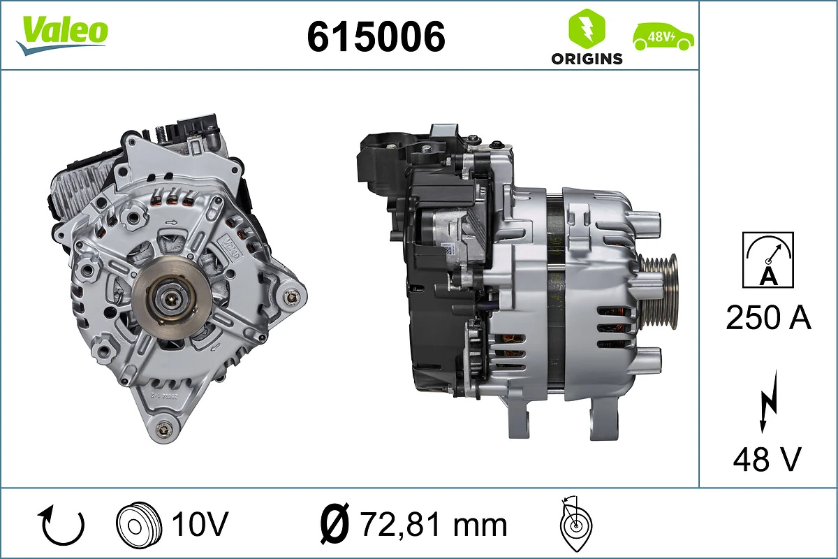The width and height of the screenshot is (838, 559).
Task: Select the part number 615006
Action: [376, 36]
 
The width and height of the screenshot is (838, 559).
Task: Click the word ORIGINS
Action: [587, 59]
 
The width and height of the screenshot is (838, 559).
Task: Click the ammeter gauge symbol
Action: [768, 259]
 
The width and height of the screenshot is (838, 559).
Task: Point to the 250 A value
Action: [768, 318]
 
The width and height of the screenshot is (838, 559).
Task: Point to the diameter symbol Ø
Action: [335, 524]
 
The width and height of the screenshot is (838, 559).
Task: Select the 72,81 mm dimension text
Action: [433, 524]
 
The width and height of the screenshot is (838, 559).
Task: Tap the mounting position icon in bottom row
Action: [575, 525]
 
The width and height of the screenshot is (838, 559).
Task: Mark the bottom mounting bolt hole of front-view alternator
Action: [164, 428]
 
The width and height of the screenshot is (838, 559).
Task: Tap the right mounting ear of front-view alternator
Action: [290, 297]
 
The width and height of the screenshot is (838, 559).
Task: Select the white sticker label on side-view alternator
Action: [447, 248]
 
